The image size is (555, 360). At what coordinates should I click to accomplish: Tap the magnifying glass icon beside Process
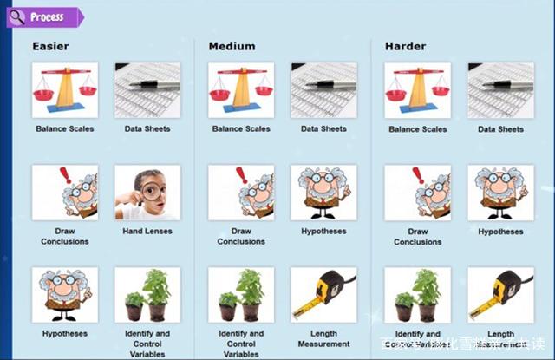click(x=17, y=16)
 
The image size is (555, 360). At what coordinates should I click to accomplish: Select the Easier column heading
click(x=50, y=46)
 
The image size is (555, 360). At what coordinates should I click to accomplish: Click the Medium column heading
click(x=232, y=46)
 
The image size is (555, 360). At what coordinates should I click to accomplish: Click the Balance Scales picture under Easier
click(x=65, y=89)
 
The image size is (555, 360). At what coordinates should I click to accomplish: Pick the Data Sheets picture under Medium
click(x=323, y=89)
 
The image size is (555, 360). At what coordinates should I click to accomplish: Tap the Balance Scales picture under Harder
click(x=417, y=89)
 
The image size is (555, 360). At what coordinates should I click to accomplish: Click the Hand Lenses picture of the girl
click(x=147, y=193)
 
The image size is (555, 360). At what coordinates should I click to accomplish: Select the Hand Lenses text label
click(x=147, y=232)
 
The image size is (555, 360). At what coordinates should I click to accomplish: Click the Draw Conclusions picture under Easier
click(x=65, y=193)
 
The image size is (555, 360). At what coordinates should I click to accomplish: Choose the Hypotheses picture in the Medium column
click(x=323, y=193)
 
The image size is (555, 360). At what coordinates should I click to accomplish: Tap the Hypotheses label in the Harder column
click(x=500, y=232)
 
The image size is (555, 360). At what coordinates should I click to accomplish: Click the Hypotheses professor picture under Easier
click(x=65, y=295)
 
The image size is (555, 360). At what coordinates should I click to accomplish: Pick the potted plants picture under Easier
click(x=147, y=295)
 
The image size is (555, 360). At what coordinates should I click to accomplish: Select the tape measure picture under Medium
click(x=323, y=295)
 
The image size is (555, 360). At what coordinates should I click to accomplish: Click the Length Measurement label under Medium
click(x=323, y=338)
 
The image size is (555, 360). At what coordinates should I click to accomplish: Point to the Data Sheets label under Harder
click(x=500, y=129)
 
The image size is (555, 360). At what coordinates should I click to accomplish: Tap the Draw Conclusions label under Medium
click(x=241, y=236)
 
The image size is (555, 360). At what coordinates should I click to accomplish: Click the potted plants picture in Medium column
click(x=241, y=295)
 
